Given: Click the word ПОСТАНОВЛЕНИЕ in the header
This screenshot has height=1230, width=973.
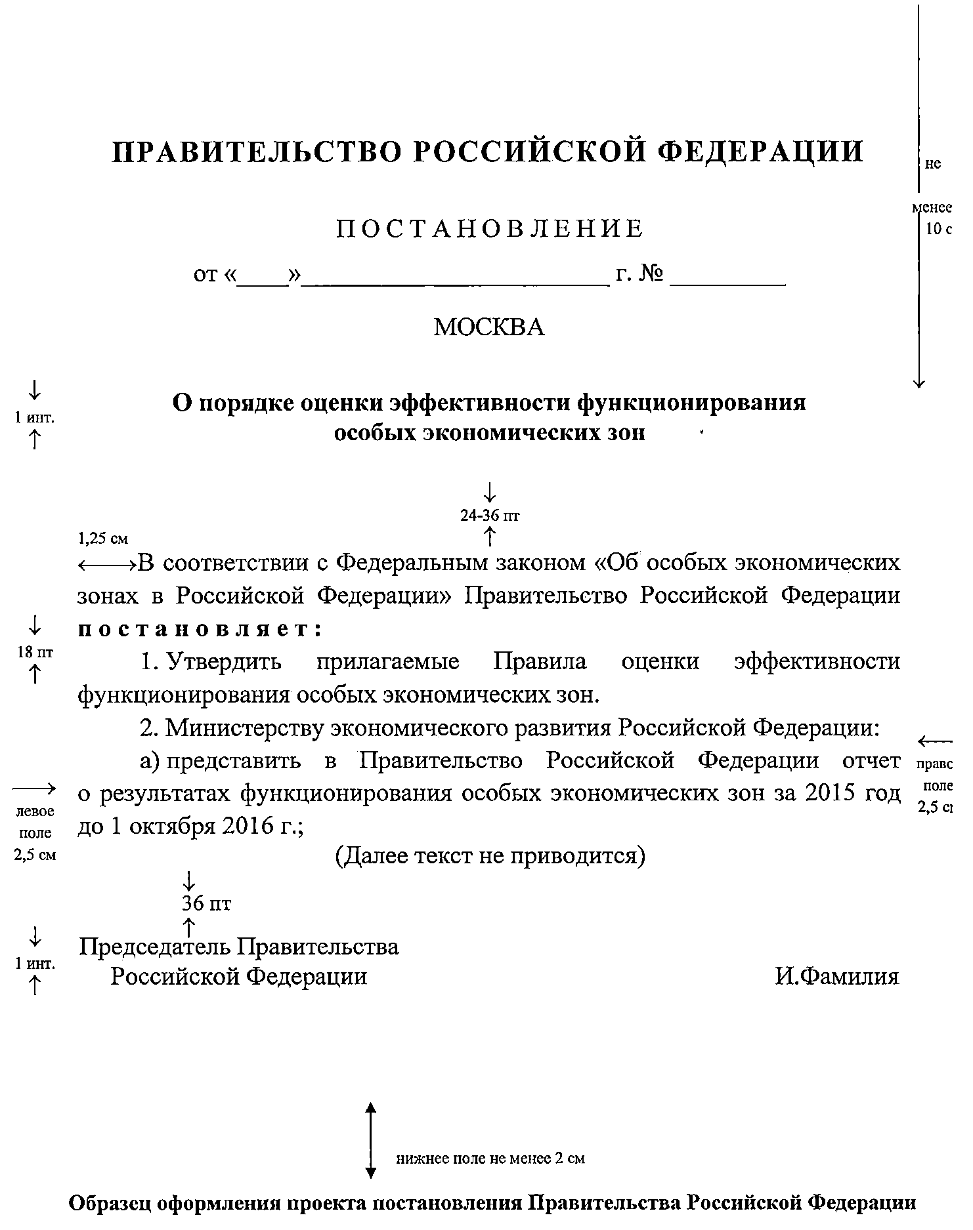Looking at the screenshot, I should pyautogui.click(x=490, y=228).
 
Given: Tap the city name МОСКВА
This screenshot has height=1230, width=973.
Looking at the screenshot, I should pyautogui.click(x=489, y=327).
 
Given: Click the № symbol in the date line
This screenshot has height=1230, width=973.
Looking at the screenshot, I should pyautogui.click(x=650, y=274).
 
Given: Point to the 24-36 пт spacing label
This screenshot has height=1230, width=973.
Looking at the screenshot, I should pyautogui.click(x=490, y=516).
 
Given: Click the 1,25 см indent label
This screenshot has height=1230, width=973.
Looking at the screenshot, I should pyautogui.click(x=103, y=539).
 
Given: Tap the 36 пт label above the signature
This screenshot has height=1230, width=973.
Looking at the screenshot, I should pyautogui.click(x=206, y=904).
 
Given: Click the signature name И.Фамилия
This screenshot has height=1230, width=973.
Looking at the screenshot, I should pyautogui.click(x=836, y=977).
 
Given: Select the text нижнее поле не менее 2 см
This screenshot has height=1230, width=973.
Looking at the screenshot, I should pyautogui.click(x=490, y=1158).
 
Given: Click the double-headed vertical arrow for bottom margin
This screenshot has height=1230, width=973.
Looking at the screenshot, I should pyautogui.click(x=371, y=1141).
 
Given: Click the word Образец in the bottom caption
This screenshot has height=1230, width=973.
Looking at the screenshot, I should pyautogui.click(x=112, y=1203).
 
